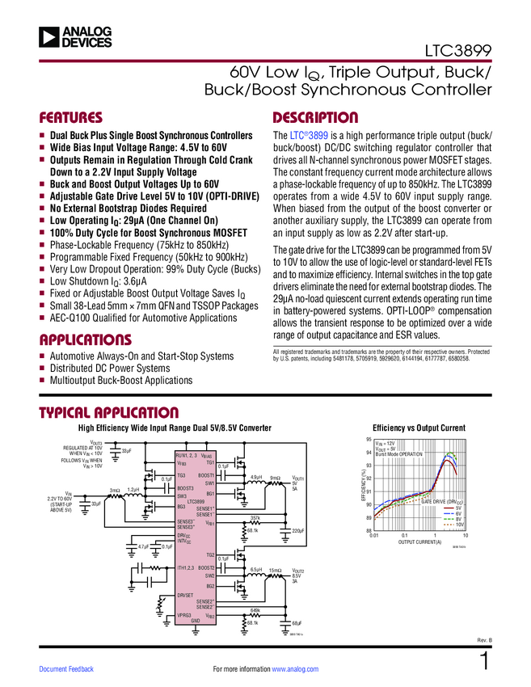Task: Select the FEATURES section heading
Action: pos(71,117)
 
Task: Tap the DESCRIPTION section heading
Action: pos(315,117)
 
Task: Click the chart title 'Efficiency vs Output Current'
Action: pos(419,428)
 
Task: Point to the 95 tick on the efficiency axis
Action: pos(368,439)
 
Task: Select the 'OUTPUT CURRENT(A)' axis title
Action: pos(419,542)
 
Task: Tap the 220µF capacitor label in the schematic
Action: pos(297,530)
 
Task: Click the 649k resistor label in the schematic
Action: pos(255,610)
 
